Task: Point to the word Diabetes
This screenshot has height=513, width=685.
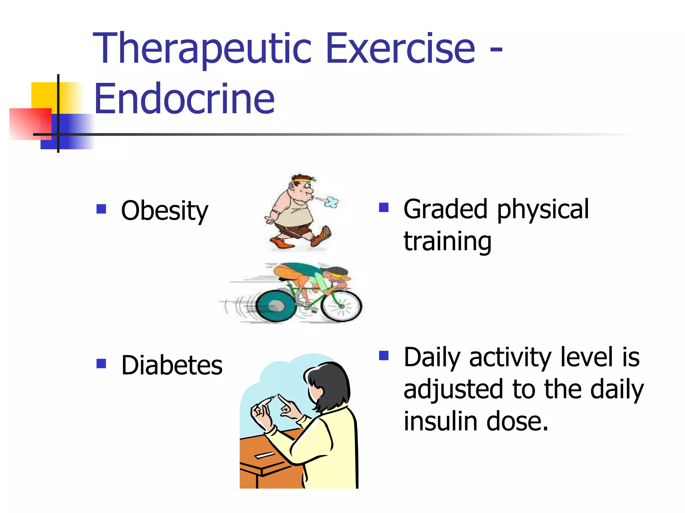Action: point(172,365)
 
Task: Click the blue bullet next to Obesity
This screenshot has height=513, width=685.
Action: point(101,209)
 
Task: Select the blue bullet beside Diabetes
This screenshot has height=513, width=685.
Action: point(101,363)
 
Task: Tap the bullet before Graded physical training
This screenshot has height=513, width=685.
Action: point(384,208)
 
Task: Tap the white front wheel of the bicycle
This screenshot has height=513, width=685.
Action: point(341,306)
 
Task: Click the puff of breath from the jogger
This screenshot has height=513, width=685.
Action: point(331,202)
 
